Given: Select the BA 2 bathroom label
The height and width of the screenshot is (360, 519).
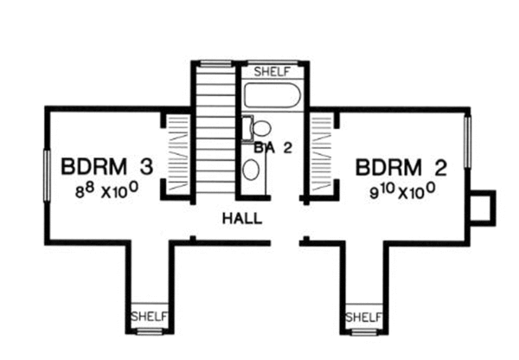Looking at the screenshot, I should pyautogui.click(x=274, y=148).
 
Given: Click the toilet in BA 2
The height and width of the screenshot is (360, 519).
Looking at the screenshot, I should pyautogui.click(x=258, y=128).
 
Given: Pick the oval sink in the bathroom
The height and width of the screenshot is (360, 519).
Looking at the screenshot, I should pyautogui.click(x=250, y=169).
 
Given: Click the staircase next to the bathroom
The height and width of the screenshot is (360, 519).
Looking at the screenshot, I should pyautogui.click(x=212, y=130).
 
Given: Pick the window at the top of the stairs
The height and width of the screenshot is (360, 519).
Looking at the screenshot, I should pyautogui.click(x=212, y=63).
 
